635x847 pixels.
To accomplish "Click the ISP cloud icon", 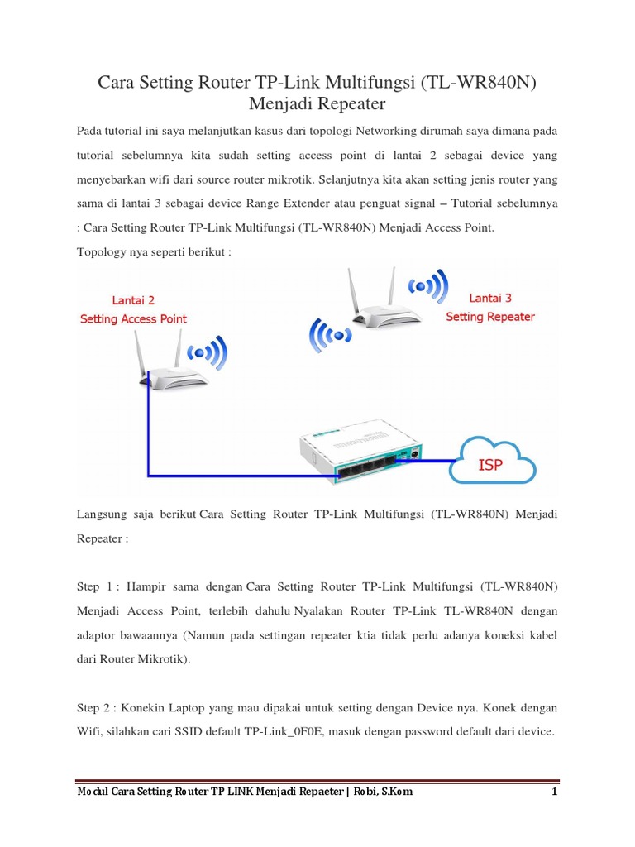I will point(492,462).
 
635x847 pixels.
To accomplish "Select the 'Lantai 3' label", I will point(490,298).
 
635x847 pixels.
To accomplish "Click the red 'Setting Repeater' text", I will point(490,317).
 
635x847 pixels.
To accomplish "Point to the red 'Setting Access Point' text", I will point(133,319).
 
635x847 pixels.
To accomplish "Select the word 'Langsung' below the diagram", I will point(103,514).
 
